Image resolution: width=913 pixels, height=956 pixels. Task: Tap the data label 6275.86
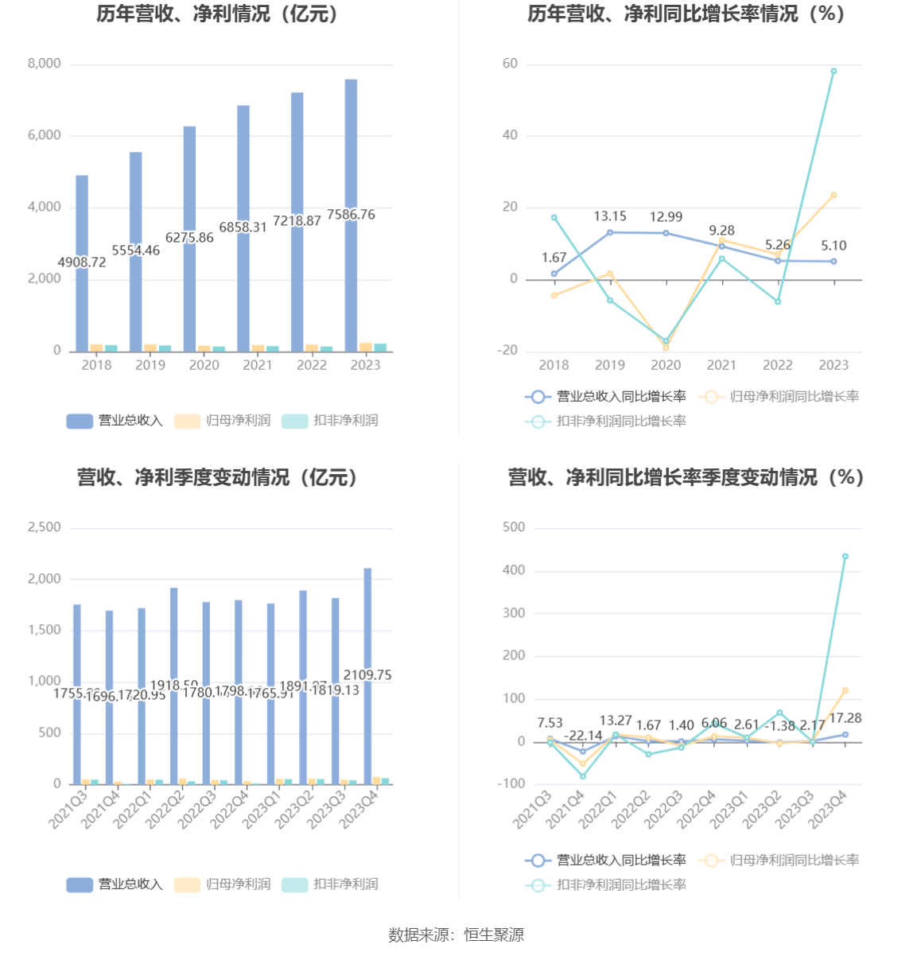point(189,238)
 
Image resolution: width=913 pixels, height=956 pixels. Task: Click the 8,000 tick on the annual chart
point(45,64)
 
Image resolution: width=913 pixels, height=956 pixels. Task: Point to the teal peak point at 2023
point(833,72)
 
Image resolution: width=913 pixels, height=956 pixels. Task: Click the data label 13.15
point(610,216)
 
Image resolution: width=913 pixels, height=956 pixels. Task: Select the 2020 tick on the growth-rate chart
point(666,365)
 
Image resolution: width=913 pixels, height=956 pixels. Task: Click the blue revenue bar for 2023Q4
point(367,620)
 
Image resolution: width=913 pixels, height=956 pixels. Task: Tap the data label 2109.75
point(367,675)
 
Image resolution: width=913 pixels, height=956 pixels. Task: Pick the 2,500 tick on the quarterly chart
point(45,527)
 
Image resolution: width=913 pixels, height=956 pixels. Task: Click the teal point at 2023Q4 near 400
point(845,557)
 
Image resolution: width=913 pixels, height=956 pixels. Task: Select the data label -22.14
point(583,736)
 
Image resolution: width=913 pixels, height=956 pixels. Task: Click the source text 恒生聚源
point(494,935)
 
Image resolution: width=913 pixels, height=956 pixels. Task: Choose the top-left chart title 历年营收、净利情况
point(217,14)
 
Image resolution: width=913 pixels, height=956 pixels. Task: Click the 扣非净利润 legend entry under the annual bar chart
point(331,421)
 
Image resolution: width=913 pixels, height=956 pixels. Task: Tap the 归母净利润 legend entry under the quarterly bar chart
point(223,884)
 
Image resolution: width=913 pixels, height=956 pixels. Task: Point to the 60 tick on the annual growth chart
point(510,64)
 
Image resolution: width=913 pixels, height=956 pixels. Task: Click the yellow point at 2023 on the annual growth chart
point(833,195)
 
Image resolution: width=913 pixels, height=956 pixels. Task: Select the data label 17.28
point(845,718)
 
